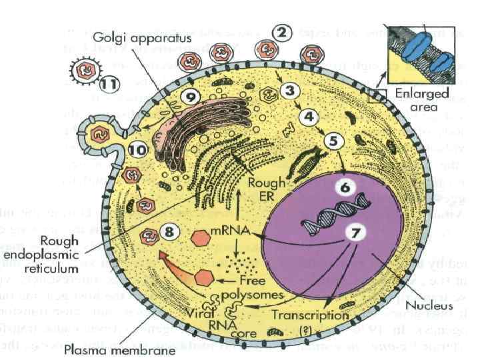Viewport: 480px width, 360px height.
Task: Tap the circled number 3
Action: coord(289,89)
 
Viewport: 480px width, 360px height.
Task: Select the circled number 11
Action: coord(107,84)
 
